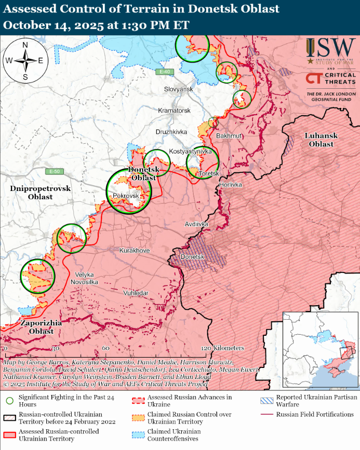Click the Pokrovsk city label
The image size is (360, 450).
[126, 196]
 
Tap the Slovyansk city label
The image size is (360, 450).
[178, 89]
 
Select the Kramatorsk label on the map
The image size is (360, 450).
[174, 111]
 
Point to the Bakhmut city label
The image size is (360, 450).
[229, 136]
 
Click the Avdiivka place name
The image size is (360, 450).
[196, 224]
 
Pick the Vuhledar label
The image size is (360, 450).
[136, 293]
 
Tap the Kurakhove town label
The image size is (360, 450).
[135, 251]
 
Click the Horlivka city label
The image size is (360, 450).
[230, 185]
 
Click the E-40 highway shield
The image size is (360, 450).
[165, 72]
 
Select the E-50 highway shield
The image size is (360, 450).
[54, 172]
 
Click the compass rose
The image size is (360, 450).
[25, 60]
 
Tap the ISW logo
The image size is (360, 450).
[330, 51]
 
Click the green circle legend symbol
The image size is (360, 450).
[9, 400]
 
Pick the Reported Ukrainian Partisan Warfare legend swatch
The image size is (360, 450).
[267, 400]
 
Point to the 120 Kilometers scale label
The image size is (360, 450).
[222, 348]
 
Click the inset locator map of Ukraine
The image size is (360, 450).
[320, 350]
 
